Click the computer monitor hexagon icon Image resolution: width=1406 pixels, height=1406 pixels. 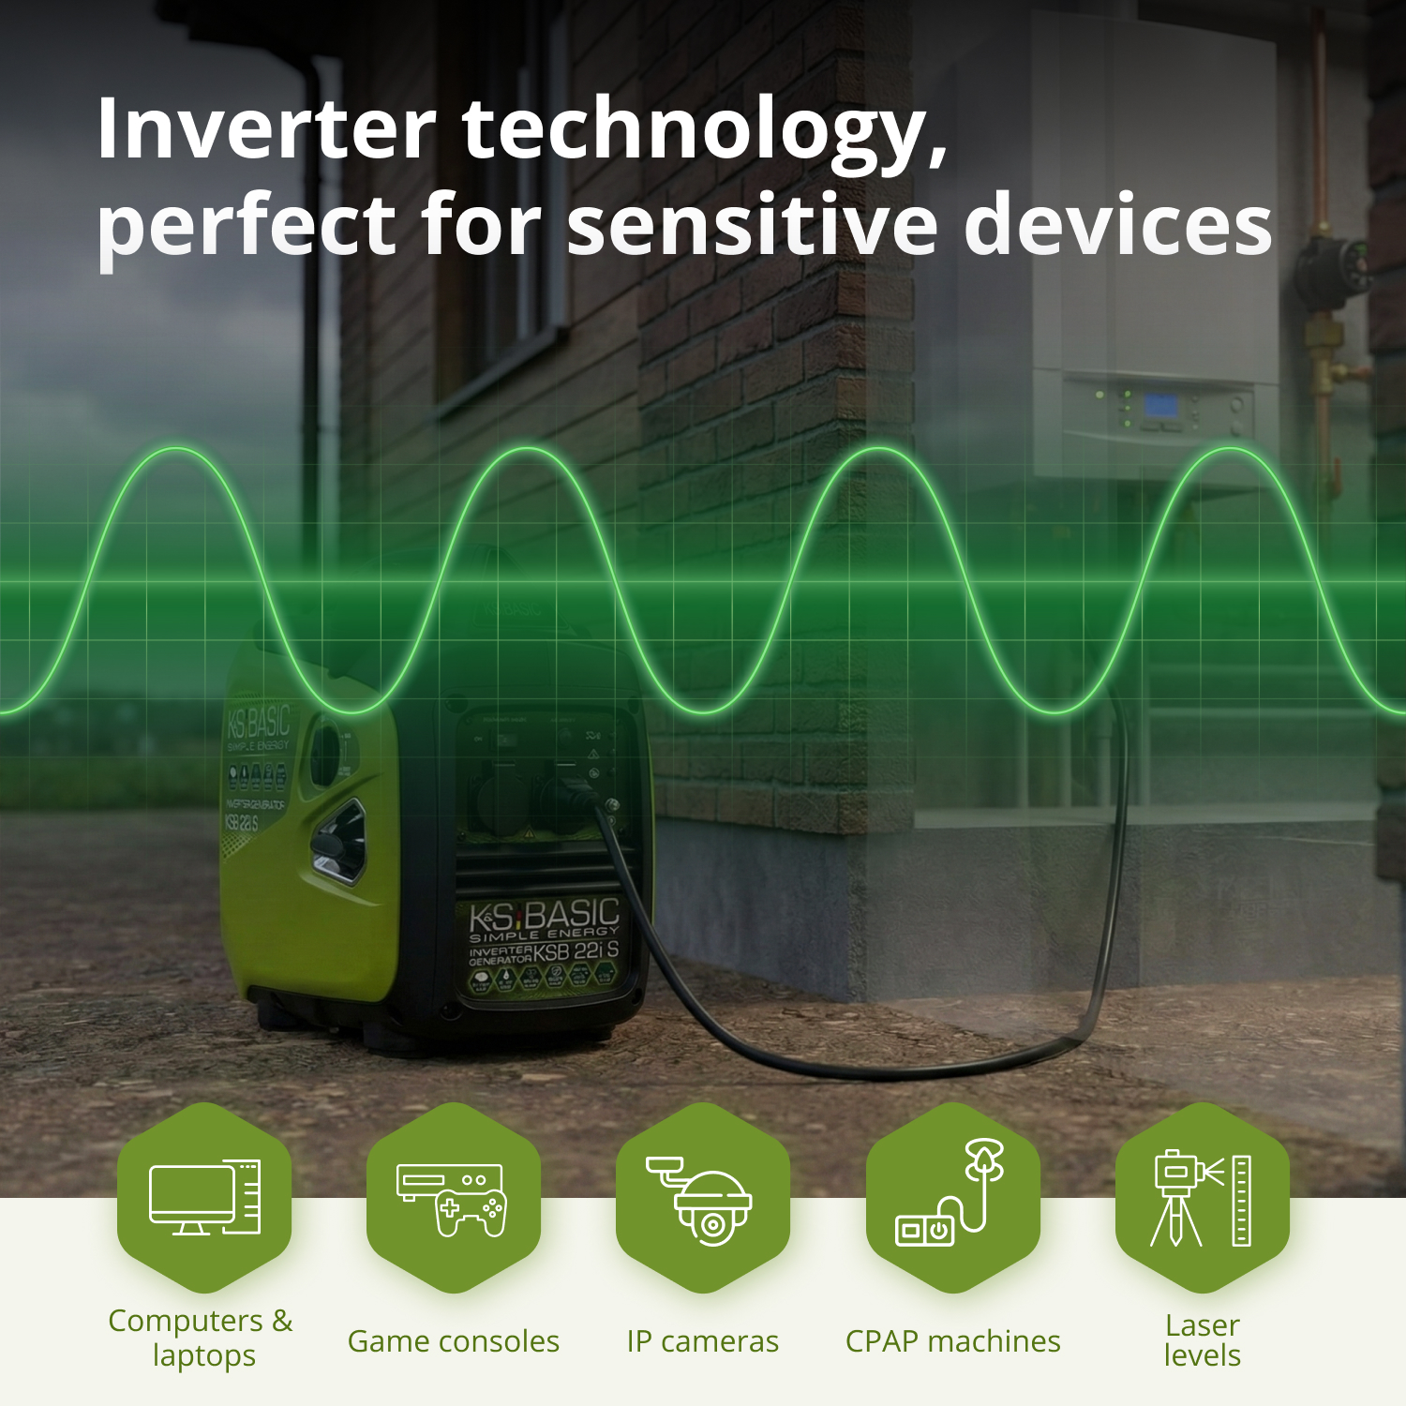coord(204,1198)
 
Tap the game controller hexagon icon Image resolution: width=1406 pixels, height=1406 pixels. coord(454,1198)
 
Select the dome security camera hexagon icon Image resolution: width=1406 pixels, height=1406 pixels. coord(703,1198)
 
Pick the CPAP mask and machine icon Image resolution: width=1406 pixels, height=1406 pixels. coord(952,1198)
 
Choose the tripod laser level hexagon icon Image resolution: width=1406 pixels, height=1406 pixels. coord(1203,1198)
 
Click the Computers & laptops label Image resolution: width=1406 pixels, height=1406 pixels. coord(201,1338)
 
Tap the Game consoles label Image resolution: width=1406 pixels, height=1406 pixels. coord(454,1341)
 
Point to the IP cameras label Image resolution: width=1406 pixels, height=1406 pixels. coord(703,1341)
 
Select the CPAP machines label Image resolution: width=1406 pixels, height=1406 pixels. coord(952,1341)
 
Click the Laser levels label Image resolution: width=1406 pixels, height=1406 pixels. coord(1203,1340)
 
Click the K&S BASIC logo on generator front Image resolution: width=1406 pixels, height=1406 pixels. coord(544,916)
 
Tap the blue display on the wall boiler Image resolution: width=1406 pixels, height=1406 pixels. coord(1160,406)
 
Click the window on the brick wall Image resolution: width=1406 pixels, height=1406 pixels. coord(506,187)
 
